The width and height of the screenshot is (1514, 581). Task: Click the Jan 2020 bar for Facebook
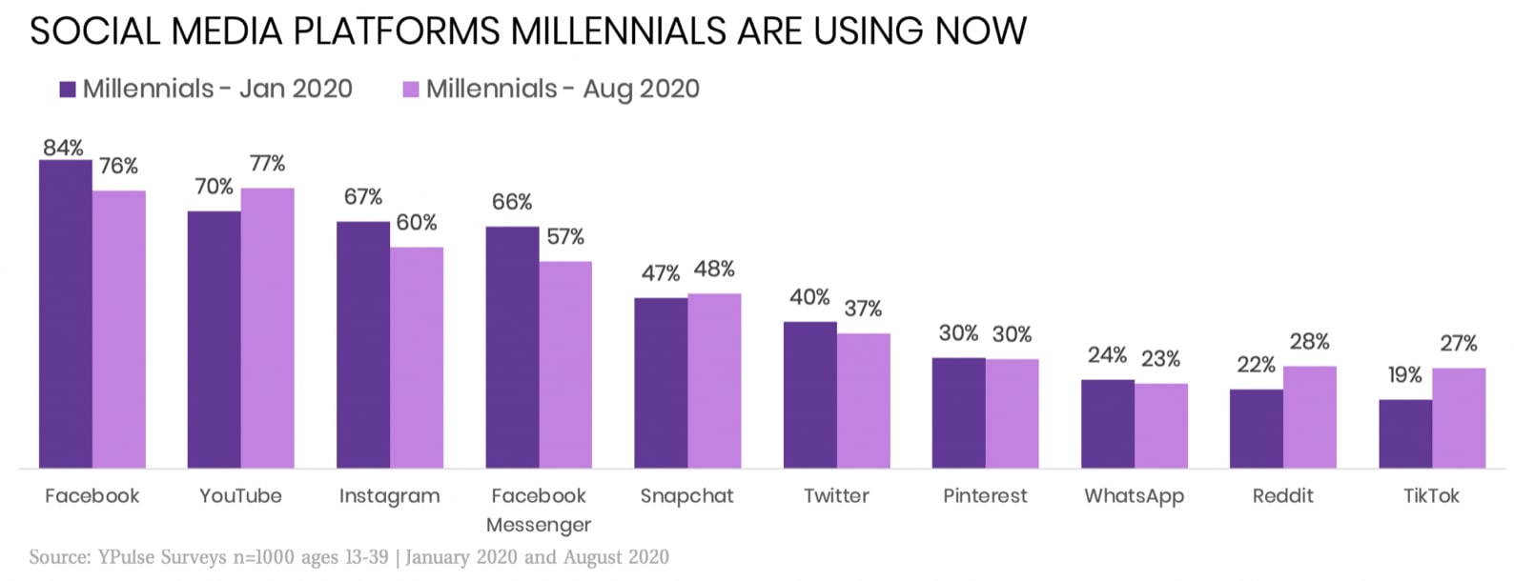[65, 314]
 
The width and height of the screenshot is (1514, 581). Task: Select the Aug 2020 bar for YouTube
[267, 328]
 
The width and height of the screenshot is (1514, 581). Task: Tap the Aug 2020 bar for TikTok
[1458, 418]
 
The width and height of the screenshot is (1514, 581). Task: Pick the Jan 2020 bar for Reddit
[1256, 429]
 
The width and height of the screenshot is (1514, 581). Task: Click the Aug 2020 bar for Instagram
[416, 357]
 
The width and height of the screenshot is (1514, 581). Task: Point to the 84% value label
[63, 148]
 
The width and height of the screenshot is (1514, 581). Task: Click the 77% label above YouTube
[267, 164]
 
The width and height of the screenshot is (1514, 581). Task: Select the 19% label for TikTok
[1404, 375]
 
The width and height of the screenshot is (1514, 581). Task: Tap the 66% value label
[512, 202]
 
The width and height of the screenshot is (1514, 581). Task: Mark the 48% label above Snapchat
[714, 270]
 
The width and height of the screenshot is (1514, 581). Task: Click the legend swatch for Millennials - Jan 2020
[68, 90]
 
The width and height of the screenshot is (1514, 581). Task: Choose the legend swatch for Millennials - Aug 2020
[411, 90]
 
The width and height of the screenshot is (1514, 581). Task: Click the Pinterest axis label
[985, 496]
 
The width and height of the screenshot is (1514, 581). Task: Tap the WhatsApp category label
[1134, 496]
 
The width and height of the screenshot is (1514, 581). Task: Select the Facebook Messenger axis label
[539, 510]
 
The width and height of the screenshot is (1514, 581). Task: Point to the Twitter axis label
[836, 496]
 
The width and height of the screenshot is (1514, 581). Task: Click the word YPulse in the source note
[128, 556]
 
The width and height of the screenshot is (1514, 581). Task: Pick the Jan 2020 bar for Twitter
[809, 395]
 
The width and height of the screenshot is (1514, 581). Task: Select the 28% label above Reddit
[1309, 342]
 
